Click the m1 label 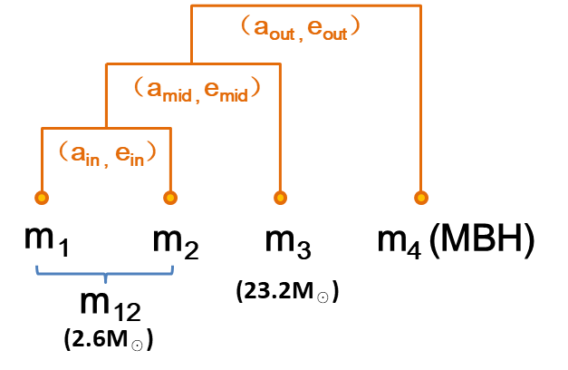point(46,242)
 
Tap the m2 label point(176,242)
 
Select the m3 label point(288,242)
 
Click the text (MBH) point(480,240)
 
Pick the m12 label point(110,305)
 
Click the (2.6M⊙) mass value point(109,340)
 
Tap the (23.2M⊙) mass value point(287,291)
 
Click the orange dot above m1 point(41,197)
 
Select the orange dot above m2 point(168,197)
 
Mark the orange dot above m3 point(281,197)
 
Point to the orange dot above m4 point(420,197)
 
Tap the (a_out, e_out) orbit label point(302,27)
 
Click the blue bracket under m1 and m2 point(106,271)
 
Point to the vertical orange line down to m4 point(420,100)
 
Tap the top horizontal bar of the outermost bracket point(306,5)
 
